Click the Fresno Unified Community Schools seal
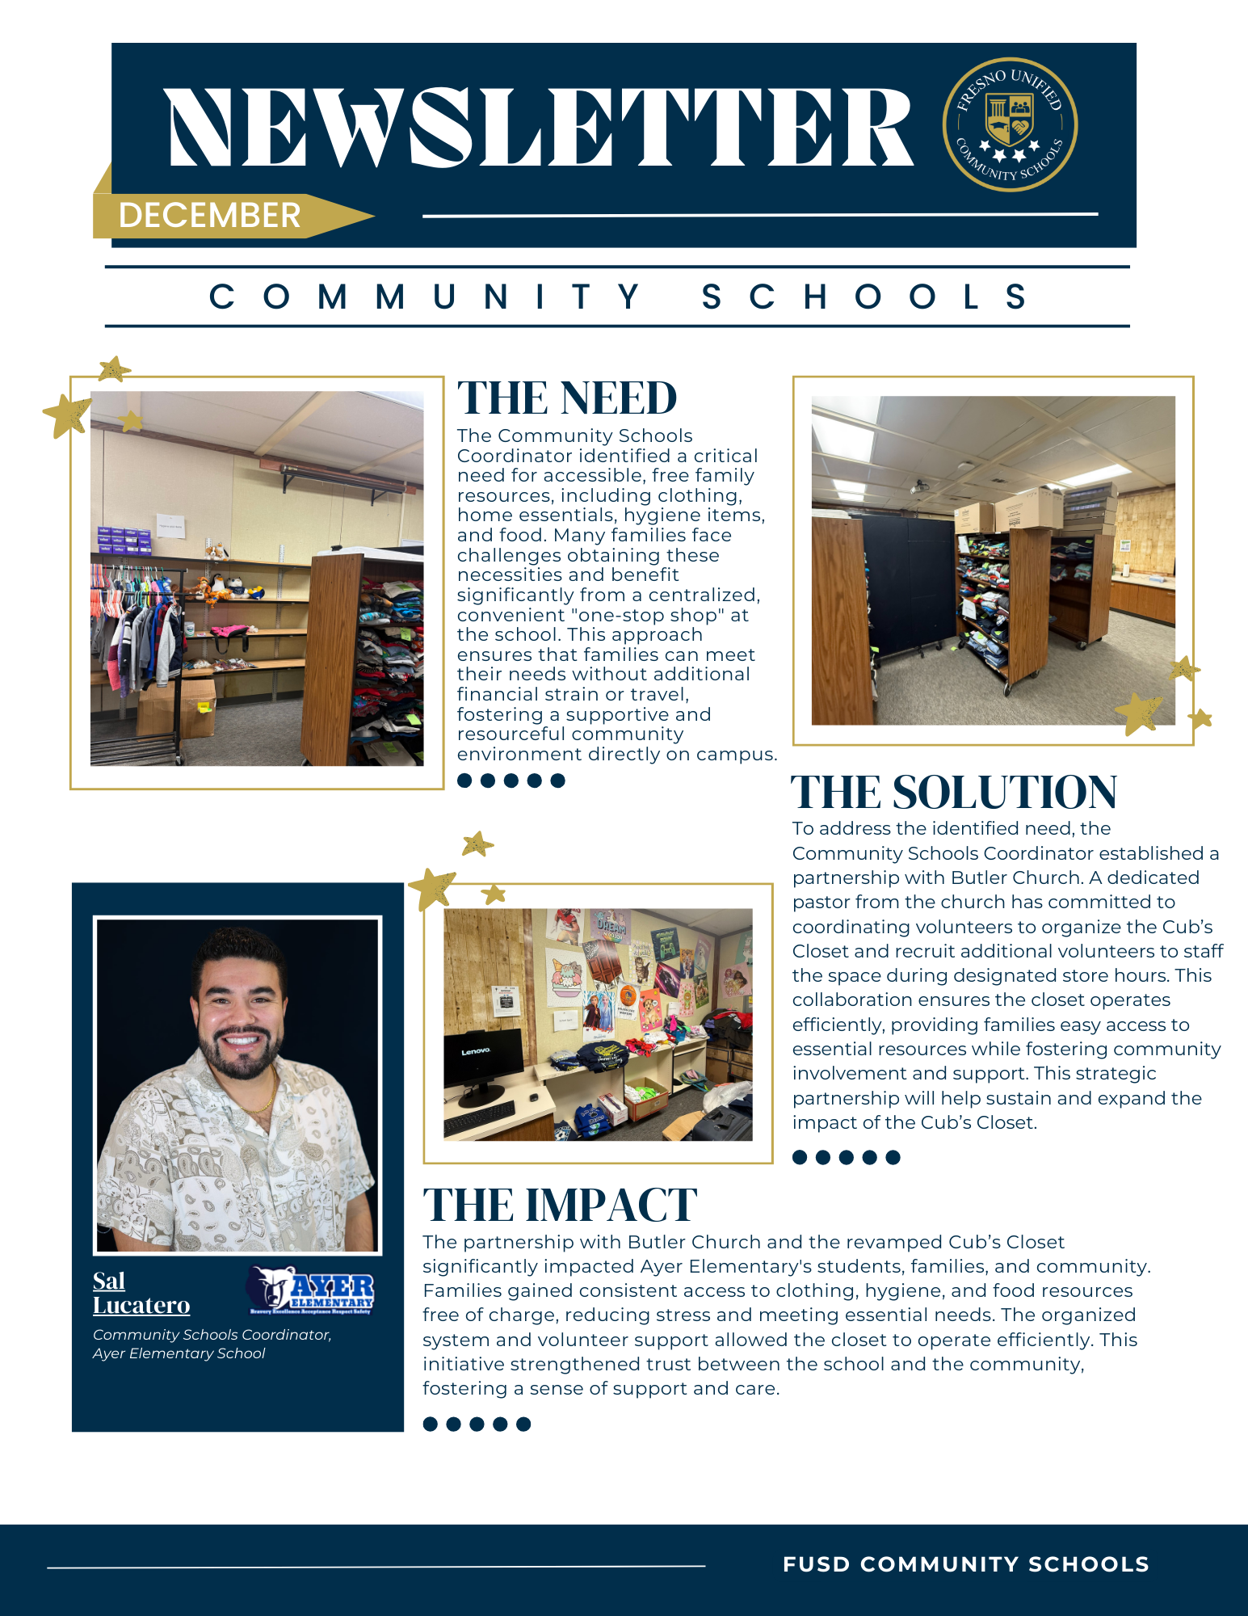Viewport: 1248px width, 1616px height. point(1010,124)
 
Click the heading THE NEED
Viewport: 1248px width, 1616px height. point(567,398)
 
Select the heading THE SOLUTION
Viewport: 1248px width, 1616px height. point(953,792)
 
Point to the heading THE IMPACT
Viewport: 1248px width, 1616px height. point(560,1205)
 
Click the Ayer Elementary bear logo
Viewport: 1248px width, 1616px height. point(311,1290)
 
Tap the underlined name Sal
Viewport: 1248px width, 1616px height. point(109,1281)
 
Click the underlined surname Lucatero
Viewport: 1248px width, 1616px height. point(141,1306)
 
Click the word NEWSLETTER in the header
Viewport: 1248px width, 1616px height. point(540,128)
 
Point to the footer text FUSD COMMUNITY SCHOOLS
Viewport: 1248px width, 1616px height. point(966,1564)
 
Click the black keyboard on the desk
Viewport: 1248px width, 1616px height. point(480,1117)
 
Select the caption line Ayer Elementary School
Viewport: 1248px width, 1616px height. point(179,1353)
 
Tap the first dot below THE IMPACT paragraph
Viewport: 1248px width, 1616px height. point(431,1424)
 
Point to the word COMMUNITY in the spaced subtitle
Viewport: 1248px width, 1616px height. point(425,297)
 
